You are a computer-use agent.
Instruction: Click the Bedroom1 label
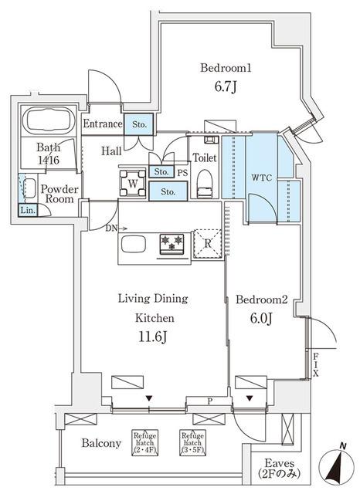pyautogui.click(x=226, y=68)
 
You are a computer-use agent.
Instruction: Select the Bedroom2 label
pyautogui.click(x=261, y=300)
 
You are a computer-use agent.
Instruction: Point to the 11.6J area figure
pyautogui.click(x=152, y=337)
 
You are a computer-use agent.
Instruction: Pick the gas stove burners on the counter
pyautogui.click(x=172, y=244)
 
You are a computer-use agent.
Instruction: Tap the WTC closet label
pyautogui.click(x=260, y=177)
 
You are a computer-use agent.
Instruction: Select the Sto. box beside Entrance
pyautogui.click(x=140, y=123)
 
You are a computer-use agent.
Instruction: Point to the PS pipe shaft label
pyautogui.click(x=182, y=172)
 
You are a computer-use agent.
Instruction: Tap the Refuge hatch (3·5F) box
pyautogui.click(x=192, y=441)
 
